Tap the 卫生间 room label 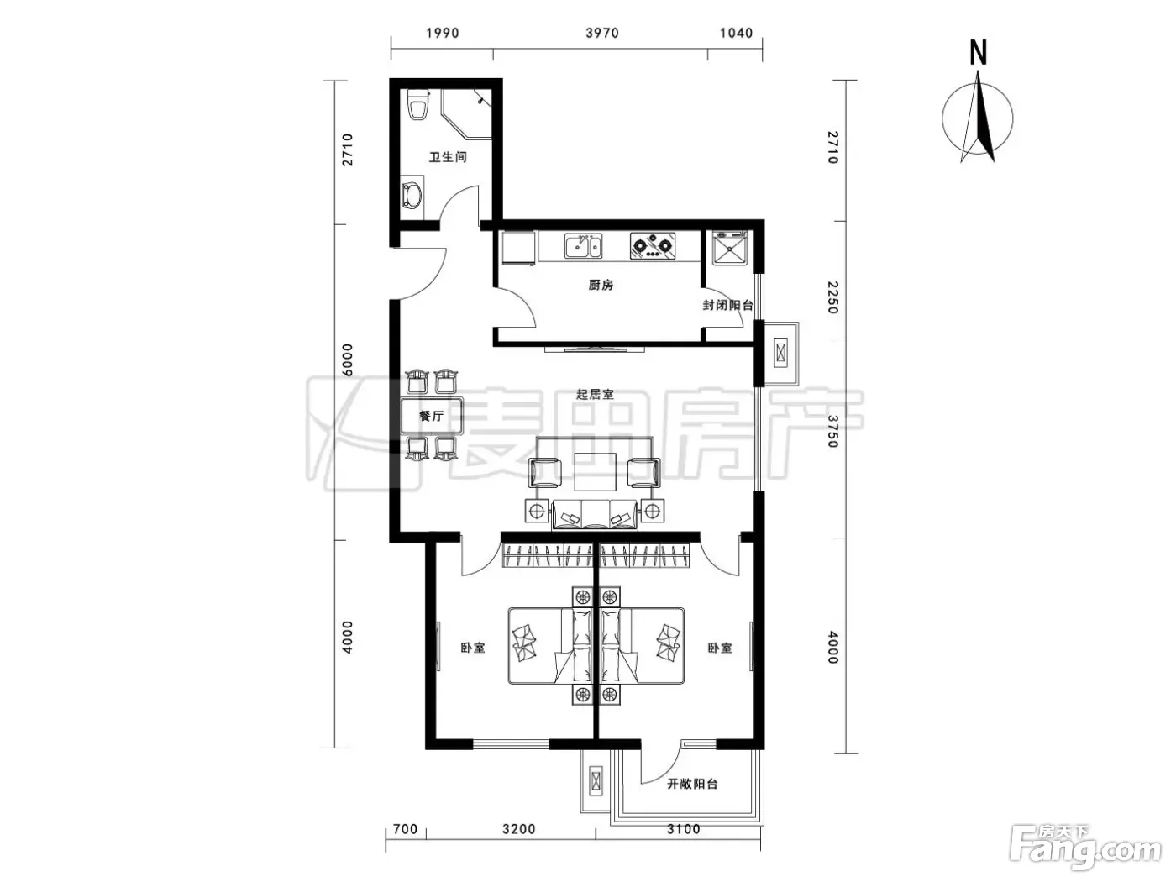448,157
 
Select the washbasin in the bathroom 412,196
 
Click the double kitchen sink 583,246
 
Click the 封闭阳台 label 727,305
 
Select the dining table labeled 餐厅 432,415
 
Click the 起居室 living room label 594,395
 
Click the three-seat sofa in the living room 594,515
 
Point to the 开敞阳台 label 691,784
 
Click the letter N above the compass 979,54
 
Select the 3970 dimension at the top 601,34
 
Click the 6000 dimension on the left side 348,360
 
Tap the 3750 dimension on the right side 832,431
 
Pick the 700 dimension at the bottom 405,830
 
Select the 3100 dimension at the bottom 684,830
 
